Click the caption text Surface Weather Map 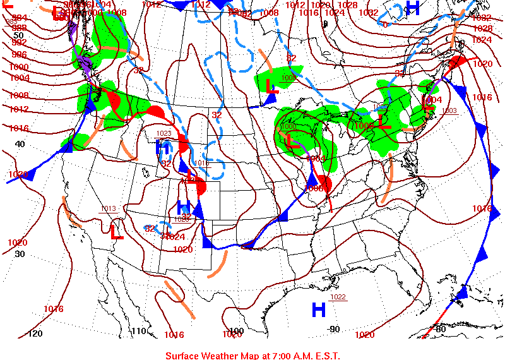(x=252, y=356)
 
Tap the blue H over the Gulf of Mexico (x=319, y=309)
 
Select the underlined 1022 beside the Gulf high (x=338, y=297)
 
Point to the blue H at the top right (x=412, y=8)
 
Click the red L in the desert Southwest (x=117, y=232)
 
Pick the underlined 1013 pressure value (x=108, y=209)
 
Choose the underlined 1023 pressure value (x=163, y=133)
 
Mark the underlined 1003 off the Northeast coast (x=449, y=111)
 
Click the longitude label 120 (x=36, y=333)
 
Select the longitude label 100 (x=236, y=331)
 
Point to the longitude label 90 (x=334, y=329)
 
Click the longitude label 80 (x=440, y=328)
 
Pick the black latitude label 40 (x=20, y=144)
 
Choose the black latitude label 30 (x=20, y=254)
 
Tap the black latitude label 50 (x=19, y=35)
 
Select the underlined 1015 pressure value (x=201, y=163)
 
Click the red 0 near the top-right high (x=385, y=25)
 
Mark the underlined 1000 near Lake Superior (x=288, y=78)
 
